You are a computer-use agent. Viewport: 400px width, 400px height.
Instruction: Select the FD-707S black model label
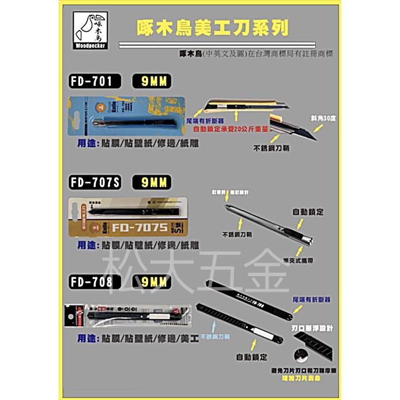pos(95,182)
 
